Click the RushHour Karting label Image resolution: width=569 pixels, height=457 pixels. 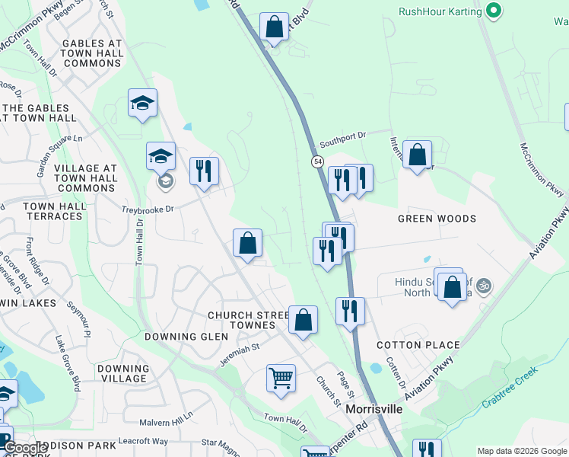pos(440,11)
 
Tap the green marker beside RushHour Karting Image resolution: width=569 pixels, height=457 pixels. pos(494,11)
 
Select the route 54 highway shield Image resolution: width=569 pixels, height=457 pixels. pos(316,161)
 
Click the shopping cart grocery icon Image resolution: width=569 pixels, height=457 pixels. pos(281,378)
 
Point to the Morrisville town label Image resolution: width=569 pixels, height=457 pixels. pos(374,409)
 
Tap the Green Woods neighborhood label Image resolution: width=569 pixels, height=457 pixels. pos(437,219)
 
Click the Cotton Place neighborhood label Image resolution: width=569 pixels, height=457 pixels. pos(418,345)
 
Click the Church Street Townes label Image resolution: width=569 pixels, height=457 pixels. pos(242,320)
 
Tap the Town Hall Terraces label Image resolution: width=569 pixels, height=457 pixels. pos(52,211)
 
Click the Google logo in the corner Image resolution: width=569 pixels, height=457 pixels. pos(25,449)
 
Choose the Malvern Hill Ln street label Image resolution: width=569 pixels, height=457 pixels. pos(167,421)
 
